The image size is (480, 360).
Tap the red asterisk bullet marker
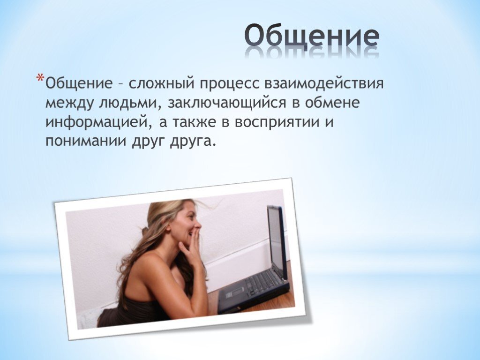point(40,78)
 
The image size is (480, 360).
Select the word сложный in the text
point(161,83)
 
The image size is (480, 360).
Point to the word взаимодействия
point(324,84)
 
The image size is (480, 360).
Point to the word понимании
point(86,142)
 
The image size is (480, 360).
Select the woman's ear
point(168,226)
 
